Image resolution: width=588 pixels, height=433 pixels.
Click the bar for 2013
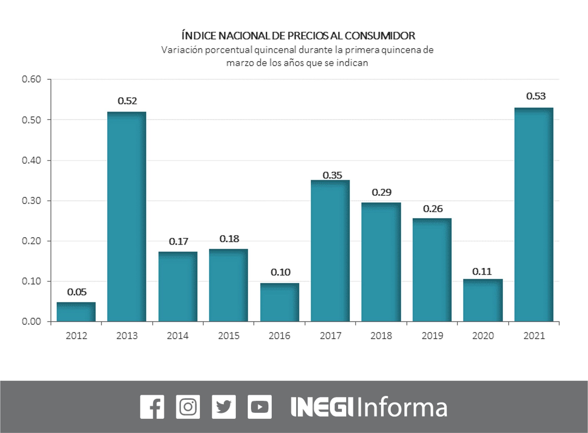(127, 216)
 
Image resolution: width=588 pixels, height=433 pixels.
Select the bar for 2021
(534, 214)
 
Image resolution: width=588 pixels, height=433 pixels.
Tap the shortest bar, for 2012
(76, 312)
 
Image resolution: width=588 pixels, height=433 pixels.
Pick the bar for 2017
(330, 251)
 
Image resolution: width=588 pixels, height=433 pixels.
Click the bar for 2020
(483, 300)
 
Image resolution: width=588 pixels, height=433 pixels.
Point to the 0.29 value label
(381, 193)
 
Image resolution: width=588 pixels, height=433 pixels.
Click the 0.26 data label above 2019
(433, 209)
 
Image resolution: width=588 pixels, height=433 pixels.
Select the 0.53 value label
(536, 96)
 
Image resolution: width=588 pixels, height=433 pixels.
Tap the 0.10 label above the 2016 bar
(280, 272)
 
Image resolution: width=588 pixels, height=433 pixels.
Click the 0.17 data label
(178, 241)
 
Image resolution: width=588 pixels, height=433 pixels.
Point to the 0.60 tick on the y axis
(32, 79)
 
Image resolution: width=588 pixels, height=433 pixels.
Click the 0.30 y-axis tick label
(32, 201)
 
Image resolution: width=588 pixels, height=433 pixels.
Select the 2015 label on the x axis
(229, 336)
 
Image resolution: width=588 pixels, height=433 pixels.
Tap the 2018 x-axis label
(381, 336)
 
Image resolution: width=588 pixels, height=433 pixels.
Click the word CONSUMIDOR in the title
(380, 36)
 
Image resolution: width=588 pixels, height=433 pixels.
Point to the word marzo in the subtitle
(240, 63)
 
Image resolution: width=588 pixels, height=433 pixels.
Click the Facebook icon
(152, 407)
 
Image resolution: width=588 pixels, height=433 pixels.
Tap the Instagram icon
(188, 407)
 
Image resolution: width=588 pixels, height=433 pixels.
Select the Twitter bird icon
(224, 407)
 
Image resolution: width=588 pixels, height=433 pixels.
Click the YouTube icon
(260, 407)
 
